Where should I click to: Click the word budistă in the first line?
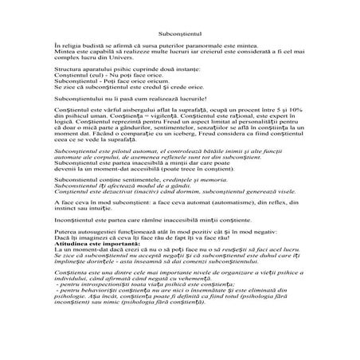tap(85, 47)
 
